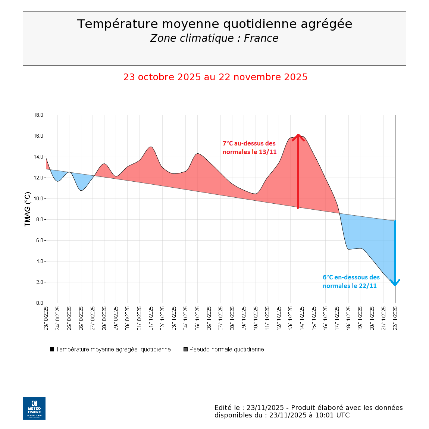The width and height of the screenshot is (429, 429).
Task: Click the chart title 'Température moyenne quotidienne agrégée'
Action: pyautogui.click(x=214, y=24)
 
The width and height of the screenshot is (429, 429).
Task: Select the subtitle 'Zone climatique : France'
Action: pyautogui.click(x=214, y=38)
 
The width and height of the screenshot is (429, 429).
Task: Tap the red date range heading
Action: pyautogui.click(x=215, y=77)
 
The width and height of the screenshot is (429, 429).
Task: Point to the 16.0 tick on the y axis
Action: pyautogui.click(x=39, y=136)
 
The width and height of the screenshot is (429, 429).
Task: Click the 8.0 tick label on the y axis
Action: pyautogui.click(x=40, y=220)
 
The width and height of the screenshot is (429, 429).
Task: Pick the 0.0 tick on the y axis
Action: pyautogui.click(x=40, y=303)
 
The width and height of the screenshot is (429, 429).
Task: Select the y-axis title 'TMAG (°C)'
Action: pyautogui.click(x=27, y=209)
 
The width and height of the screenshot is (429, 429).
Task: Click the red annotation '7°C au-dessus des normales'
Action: pyautogui.click(x=250, y=148)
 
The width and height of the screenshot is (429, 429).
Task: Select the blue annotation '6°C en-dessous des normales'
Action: pyautogui.click(x=351, y=282)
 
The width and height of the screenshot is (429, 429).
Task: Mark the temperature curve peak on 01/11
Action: pyautogui.click(x=151, y=147)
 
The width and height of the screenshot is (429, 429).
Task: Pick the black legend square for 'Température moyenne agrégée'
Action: pyautogui.click(x=52, y=350)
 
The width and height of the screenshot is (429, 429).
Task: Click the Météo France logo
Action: pyautogui.click(x=34, y=408)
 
